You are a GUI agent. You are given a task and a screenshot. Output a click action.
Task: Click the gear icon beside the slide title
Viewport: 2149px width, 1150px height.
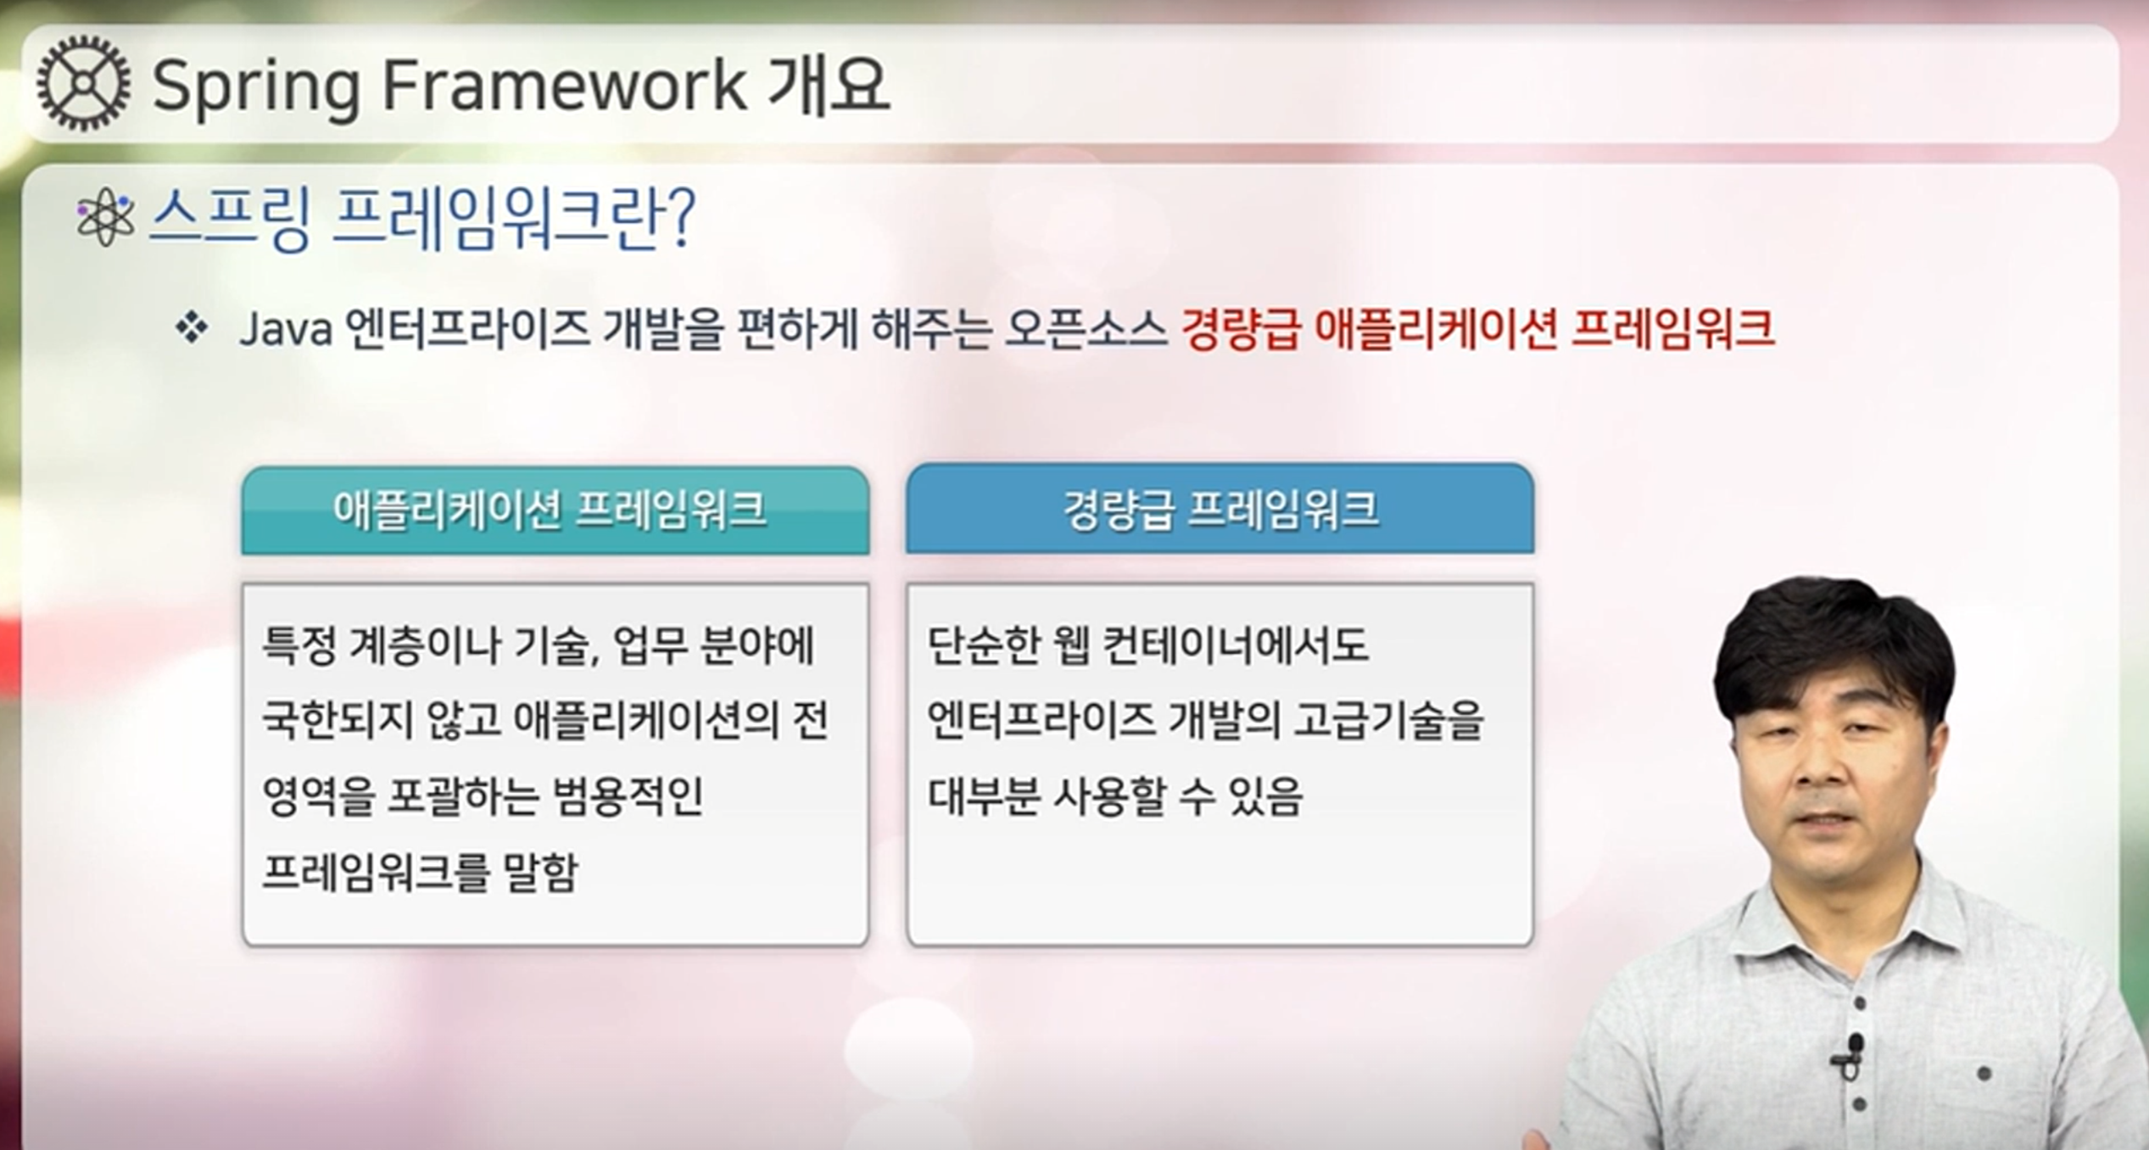tap(84, 83)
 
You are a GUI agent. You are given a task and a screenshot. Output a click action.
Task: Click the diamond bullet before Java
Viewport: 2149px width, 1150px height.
tap(192, 328)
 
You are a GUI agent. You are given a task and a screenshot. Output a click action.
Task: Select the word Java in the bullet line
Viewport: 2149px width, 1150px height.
tap(285, 329)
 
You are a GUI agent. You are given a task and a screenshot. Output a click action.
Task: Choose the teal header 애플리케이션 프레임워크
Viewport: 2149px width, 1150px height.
tap(555, 511)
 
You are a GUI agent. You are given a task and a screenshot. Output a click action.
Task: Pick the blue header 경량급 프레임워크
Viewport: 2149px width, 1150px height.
tap(1220, 509)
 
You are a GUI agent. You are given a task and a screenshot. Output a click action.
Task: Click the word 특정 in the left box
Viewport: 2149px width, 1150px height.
tap(299, 645)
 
